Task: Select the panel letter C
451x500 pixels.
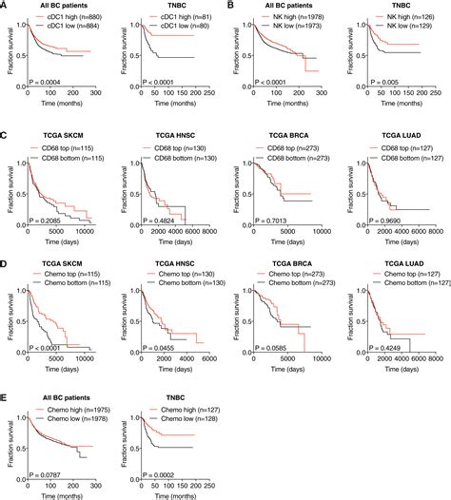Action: coord(5,138)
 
